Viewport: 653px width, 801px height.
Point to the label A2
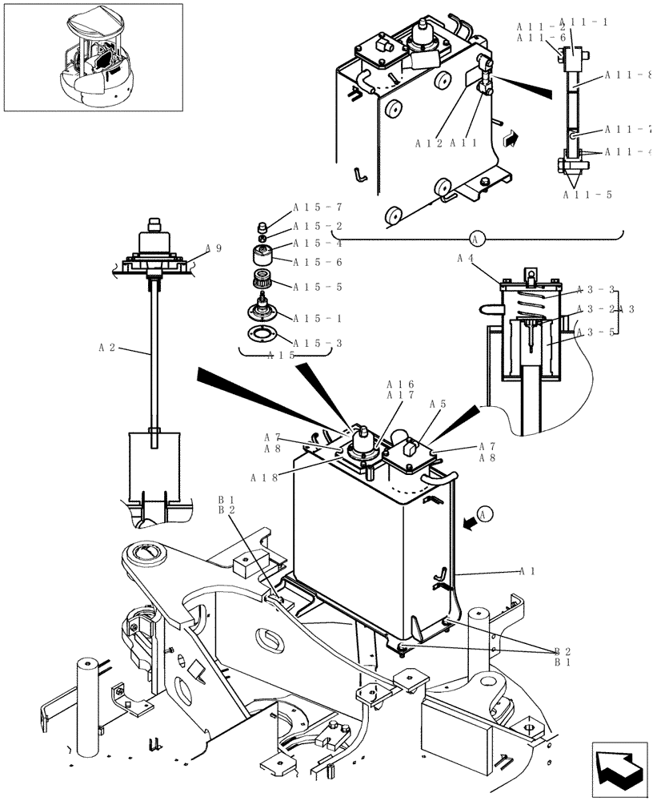click(106, 348)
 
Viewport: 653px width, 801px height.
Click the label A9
click(214, 248)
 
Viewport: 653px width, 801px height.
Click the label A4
click(465, 258)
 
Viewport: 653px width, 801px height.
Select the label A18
click(264, 477)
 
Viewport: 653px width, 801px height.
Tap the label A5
click(438, 404)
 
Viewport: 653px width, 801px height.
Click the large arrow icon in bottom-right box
click(619, 770)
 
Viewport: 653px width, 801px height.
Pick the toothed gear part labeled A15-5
click(262, 281)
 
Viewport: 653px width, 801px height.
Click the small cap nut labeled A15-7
click(262, 225)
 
